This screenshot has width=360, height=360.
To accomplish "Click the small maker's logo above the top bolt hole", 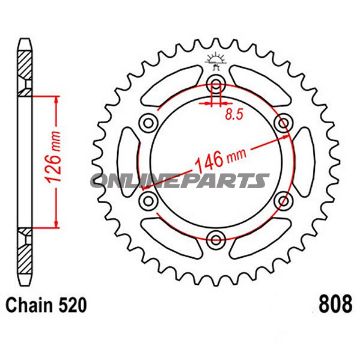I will [x=213, y=64].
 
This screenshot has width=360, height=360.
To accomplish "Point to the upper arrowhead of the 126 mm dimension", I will [x=46, y=100].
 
